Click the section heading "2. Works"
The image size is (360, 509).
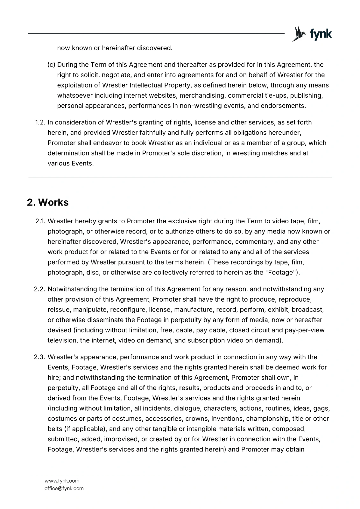48,202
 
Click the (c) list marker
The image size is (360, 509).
51,65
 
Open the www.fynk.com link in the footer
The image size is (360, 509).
62,481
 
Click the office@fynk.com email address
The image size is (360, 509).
64,488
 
